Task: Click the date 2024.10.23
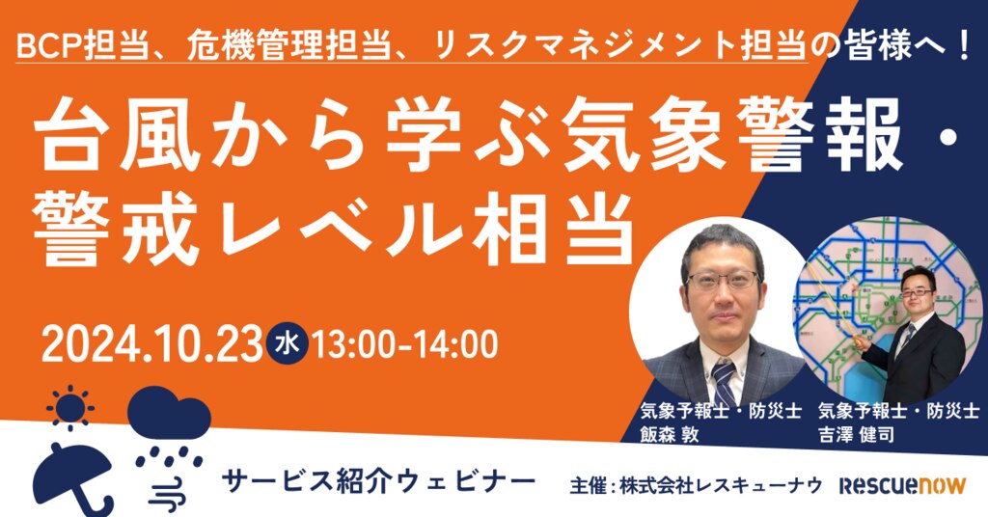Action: [x=151, y=343]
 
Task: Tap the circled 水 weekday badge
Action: [x=288, y=343]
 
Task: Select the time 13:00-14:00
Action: [x=405, y=343]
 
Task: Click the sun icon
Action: [x=69, y=407]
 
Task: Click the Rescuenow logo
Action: [x=902, y=485]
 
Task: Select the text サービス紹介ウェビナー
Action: [x=378, y=482]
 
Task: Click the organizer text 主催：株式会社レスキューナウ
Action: [x=696, y=485]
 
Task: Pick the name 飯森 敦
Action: [x=670, y=434]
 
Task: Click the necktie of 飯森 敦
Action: [x=724, y=382]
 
